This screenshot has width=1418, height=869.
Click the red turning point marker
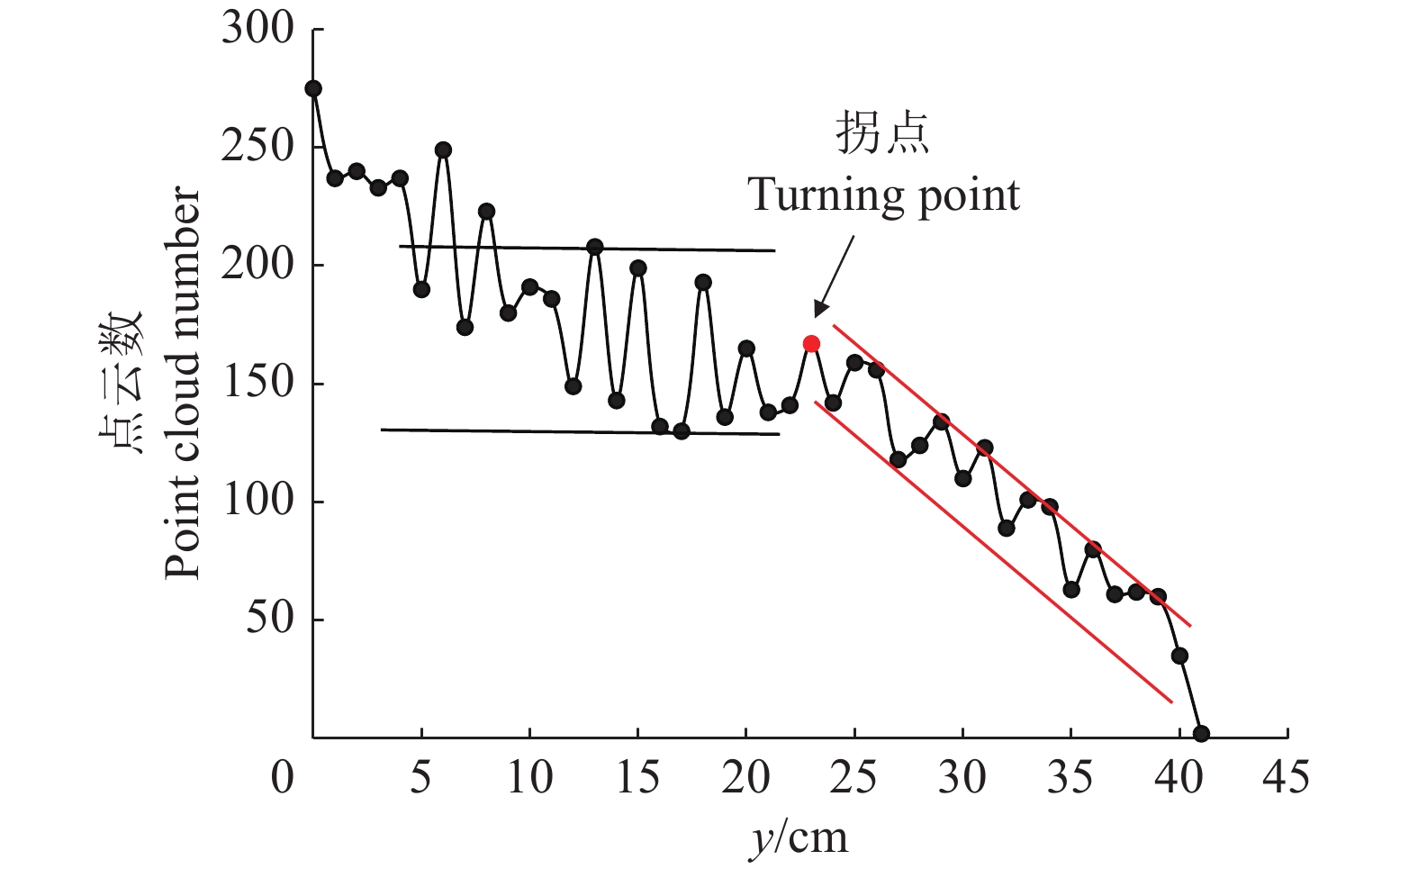point(811,343)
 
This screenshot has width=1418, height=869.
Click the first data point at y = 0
point(313,88)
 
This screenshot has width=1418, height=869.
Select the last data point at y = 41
point(1201,734)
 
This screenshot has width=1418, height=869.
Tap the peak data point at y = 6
point(443,149)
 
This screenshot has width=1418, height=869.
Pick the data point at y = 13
point(595,247)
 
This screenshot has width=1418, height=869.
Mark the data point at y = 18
point(703,282)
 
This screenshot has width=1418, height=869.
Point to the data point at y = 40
point(1179,656)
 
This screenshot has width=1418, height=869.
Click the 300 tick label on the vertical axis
point(257,29)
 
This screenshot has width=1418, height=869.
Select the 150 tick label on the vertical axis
point(257,384)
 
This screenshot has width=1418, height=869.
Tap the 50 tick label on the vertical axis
point(269,620)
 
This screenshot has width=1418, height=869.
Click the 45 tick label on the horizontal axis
point(1286,776)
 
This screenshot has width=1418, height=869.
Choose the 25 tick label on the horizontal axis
point(854,776)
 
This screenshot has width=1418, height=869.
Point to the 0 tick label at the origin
point(283,776)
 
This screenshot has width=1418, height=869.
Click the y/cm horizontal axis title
point(799,837)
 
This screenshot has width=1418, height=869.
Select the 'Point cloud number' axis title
point(183,383)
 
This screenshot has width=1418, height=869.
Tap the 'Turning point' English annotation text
point(884,195)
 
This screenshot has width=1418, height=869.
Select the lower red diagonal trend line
point(990,549)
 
